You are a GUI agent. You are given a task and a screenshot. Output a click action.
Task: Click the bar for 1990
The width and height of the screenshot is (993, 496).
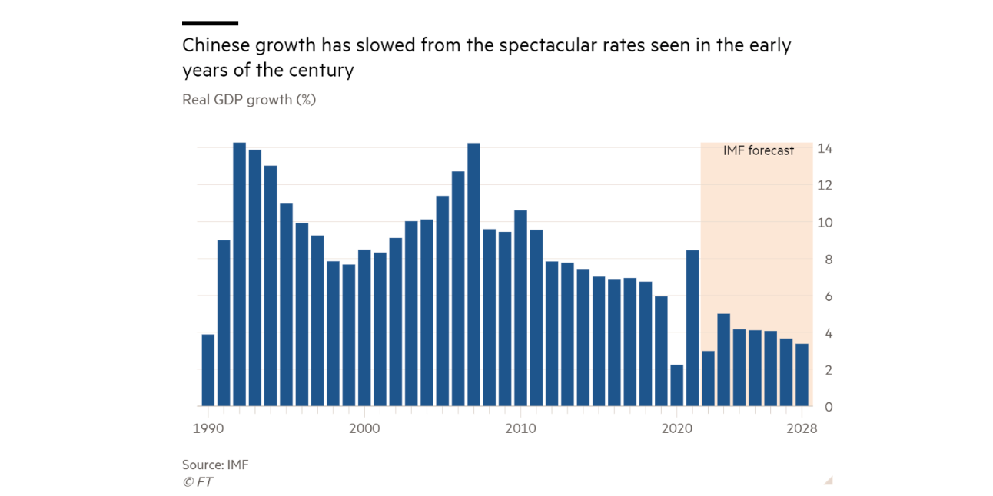(x=208, y=370)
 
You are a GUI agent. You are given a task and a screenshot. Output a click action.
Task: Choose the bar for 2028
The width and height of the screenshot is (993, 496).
(x=802, y=375)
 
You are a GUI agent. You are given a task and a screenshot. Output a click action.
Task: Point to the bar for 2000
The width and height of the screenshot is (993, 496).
(x=364, y=328)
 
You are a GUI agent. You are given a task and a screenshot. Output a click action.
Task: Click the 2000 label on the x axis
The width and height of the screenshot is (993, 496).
(x=364, y=428)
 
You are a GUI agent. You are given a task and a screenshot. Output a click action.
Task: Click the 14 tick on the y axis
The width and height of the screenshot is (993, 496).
(x=825, y=148)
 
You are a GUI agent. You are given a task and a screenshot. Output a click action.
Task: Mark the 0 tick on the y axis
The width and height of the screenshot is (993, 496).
(x=829, y=407)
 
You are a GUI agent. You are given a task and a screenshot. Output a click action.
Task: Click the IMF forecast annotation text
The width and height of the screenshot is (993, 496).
(x=759, y=150)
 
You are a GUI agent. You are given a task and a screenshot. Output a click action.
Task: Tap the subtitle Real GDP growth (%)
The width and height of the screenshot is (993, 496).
(x=249, y=99)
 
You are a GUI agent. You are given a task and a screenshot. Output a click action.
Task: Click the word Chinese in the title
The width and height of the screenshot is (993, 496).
(x=214, y=45)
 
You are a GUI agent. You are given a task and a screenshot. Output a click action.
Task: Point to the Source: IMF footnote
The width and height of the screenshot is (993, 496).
(x=215, y=465)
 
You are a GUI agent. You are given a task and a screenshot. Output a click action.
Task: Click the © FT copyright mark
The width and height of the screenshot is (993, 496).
(x=198, y=482)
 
